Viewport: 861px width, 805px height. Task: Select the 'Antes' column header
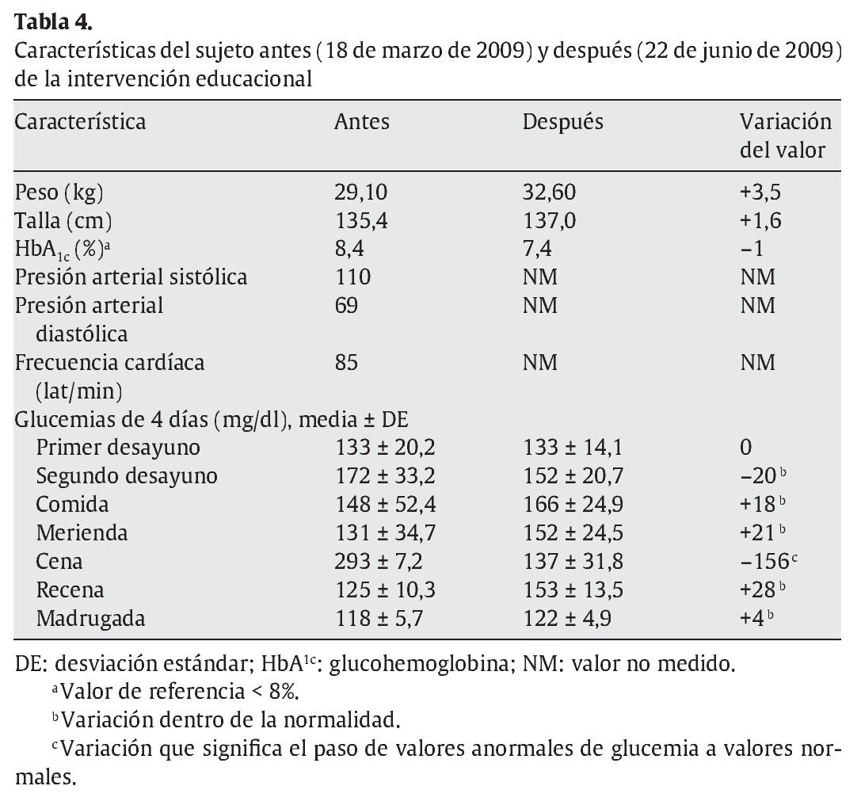click(361, 122)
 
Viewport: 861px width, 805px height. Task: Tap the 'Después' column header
click(562, 122)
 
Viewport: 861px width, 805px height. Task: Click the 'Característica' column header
click(80, 122)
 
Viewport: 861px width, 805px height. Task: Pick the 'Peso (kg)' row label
click(59, 192)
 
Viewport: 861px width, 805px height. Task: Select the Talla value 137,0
click(549, 220)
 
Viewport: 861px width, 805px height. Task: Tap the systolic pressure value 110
click(352, 277)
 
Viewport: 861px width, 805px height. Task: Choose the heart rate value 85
click(346, 363)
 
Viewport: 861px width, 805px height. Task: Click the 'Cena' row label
click(59, 561)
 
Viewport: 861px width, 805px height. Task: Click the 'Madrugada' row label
click(90, 618)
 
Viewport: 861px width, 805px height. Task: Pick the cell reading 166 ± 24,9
click(573, 504)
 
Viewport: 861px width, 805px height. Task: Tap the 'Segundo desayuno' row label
click(127, 475)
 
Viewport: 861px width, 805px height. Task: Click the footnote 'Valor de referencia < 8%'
click(174, 691)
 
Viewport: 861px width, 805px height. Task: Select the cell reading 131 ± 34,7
click(385, 532)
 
